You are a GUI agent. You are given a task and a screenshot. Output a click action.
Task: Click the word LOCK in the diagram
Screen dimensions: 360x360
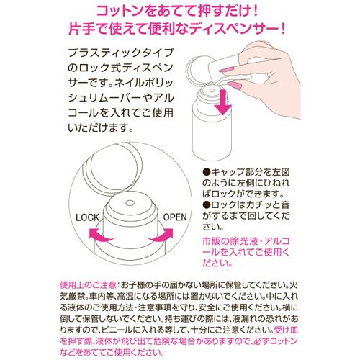(x=87, y=217)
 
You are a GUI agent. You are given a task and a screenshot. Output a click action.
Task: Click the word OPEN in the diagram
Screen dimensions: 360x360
(x=175, y=217)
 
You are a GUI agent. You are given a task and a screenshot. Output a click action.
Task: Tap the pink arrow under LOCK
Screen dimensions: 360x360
(x=101, y=235)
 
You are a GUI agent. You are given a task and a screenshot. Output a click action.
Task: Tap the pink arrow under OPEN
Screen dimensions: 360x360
(x=161, y=235)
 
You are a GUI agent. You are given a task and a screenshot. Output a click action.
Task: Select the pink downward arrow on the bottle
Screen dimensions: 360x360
(x=223, y=102)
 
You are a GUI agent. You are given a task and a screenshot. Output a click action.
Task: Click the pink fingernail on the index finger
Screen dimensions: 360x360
(x=226, y=70)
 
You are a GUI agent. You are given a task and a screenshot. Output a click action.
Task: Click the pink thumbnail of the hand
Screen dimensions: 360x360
(x=235, y=84)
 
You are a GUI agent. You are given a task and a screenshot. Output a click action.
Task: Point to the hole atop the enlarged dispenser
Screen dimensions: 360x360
(x=130, y=203)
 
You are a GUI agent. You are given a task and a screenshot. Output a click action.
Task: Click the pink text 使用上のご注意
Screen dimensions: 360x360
(x=89, y=285)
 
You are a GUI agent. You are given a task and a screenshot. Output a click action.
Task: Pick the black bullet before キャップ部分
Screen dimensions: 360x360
(x=207, y=172)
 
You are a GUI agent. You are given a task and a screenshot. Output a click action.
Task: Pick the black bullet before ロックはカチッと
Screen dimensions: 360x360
(x=207, y=204)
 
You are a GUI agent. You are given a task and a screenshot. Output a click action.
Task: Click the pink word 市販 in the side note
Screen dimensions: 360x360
(x=211, y=241)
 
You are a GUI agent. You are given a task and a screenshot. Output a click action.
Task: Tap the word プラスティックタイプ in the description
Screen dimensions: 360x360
(x=120, y=53)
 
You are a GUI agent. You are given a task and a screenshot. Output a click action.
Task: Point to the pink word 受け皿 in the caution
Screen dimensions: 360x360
(x=286, y=330)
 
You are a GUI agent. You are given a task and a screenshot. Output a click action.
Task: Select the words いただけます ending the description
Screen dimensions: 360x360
(x=96, y=128)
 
